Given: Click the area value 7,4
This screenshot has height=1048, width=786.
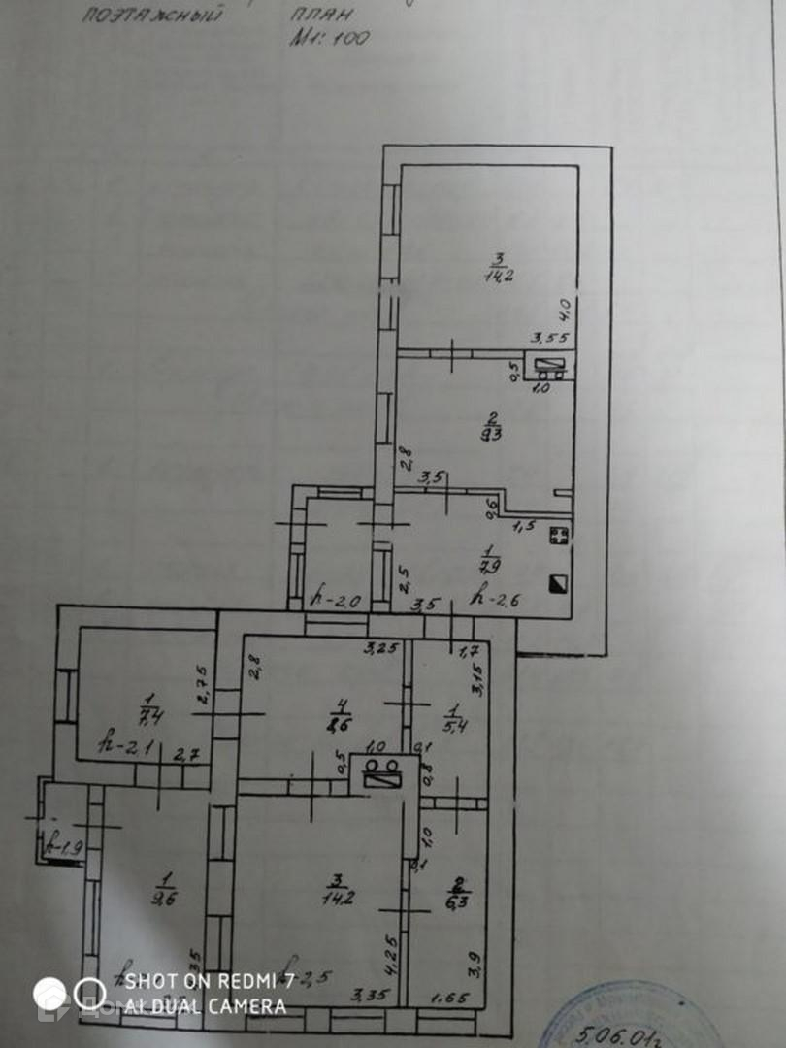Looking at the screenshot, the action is pos(149,719).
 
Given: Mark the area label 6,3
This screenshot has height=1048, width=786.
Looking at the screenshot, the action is pos(455,898).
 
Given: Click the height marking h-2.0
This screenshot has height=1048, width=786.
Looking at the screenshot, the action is pos(335,600).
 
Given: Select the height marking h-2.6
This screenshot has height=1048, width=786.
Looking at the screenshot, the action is pos(495,600).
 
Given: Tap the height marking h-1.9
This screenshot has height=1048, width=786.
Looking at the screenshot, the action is pos(66,848).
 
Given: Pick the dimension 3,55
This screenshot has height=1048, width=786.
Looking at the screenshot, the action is pos(547,338).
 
